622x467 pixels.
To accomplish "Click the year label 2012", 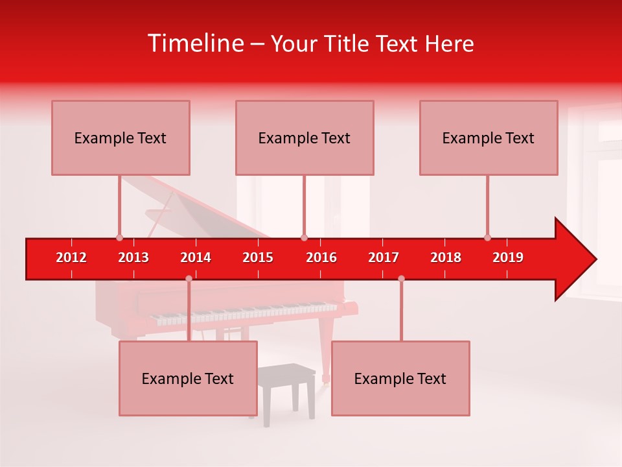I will pyautogui.click(x=71, y=257).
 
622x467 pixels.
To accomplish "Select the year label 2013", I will pyautogui.click(x=133, y=257).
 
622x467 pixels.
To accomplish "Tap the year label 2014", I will pyautogui.click(x=196, y=257).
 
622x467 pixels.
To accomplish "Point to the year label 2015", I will pyautogui.click(x=258, y=257).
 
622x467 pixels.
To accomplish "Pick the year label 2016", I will pyautogui.click(x=321, y=257).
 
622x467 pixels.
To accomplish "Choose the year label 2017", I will pyautogui.click(x=384, y=257).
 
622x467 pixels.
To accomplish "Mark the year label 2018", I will pyautogui.click(x=446, y=257).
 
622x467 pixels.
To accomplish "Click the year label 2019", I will pyautogui.click(x=508, y=257).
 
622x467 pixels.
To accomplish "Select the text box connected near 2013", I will pyautogui.click(x=121, y=138).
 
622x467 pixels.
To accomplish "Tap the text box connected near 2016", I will pyautogui.click(x=305, y=138).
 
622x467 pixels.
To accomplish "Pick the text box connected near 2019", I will pyautogui.click(x=489, y=138).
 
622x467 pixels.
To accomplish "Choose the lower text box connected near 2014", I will pyautogui.click(x=188, y=378).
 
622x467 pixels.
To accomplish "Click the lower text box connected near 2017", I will pyautogui.click(x=400, y=378).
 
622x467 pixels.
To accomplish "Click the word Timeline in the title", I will pyautogui.click(x=195, y=43).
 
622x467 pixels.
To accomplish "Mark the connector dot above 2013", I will pyautogui.click(x=119, y=237).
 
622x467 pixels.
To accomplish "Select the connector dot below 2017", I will pyautogui.click(x=401, y=278).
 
